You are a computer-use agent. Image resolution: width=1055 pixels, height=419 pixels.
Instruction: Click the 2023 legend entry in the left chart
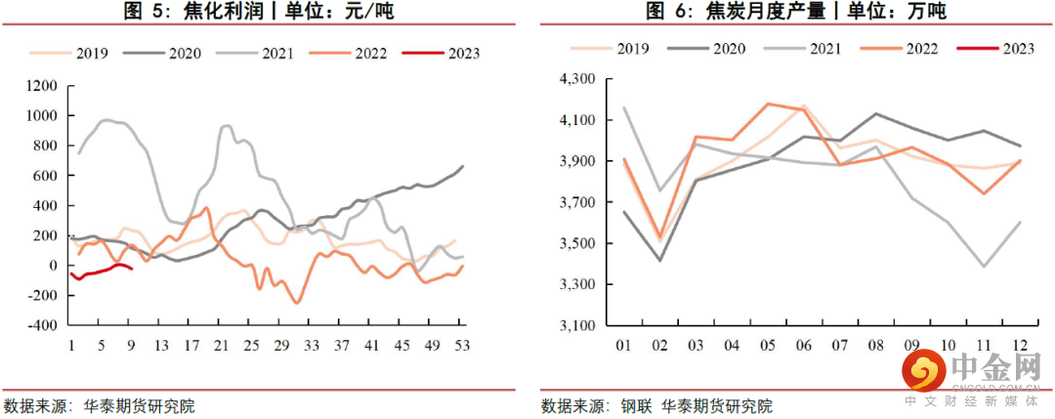coord(458,54)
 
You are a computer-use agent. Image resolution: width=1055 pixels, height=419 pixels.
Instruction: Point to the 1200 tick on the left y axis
coord(43,86)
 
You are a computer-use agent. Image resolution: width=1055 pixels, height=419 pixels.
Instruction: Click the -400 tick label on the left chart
coord(43,325)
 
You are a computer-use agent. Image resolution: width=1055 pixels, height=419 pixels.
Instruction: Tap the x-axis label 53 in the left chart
coord(463,345)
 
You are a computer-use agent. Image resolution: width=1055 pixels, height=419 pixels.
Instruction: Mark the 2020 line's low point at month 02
coord(661,260)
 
